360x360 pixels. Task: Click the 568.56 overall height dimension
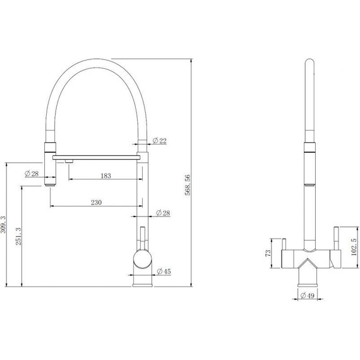(188, 185)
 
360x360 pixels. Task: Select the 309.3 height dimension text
(3, 225)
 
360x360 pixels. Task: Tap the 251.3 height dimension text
(18, 236)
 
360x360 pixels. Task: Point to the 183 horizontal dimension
(106, 176)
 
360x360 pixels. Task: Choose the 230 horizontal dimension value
(97, 202)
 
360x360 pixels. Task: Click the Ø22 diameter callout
(160, 140)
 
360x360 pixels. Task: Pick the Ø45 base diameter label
(164, 272)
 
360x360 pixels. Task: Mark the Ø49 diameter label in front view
(307, 295)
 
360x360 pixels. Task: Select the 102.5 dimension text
(354, 247)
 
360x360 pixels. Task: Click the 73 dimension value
(268, 253)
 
